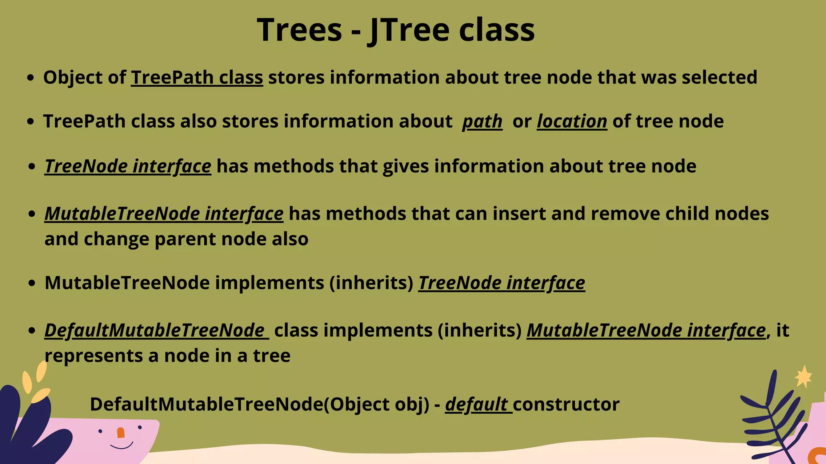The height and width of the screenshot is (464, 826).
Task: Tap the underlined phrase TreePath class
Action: [197, 78]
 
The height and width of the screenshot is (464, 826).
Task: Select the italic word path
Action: [482, 122]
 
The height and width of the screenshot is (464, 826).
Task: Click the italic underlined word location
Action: [572, 122]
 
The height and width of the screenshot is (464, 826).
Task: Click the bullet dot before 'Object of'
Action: [30, 78]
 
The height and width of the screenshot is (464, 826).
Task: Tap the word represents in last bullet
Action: [94, 356]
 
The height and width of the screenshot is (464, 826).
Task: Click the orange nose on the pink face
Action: [121, 433]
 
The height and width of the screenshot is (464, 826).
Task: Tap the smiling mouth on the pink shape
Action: [121, 446]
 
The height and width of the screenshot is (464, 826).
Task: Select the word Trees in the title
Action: [299, 31]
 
